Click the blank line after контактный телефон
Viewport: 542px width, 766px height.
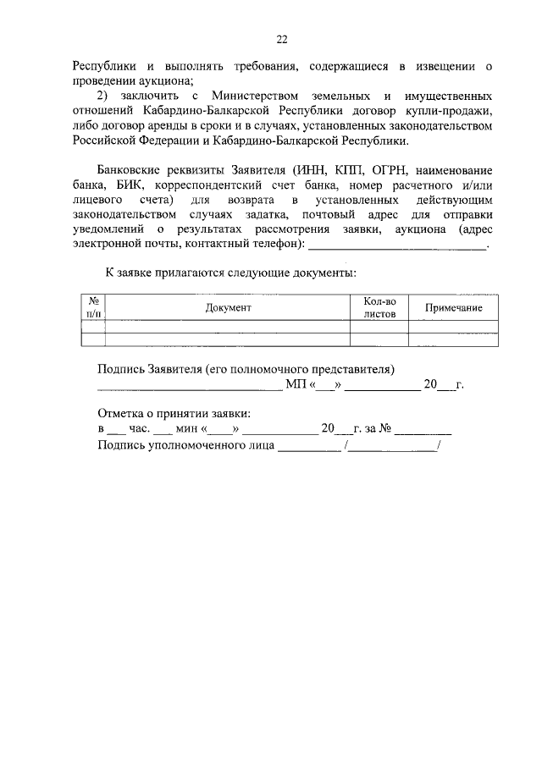point(397,246)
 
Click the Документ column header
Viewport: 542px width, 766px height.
point(228,307)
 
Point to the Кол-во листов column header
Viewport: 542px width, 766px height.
point(379,307)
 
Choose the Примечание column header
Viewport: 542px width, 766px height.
point(453,308)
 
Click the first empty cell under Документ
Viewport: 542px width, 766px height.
point(228,327)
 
